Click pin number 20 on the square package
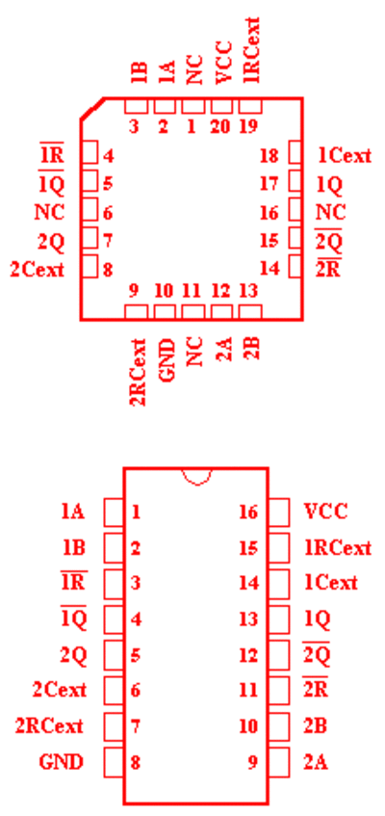coord(220,126)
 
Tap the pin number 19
coord(248,126)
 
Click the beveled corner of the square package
coord(92,109)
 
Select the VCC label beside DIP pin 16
coord(325,512)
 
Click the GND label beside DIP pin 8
coord(61,762)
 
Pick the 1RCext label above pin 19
coord(251,50)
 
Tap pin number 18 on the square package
coord(269,155)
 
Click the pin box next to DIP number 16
coord(279,513)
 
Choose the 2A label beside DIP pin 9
coord(316,762)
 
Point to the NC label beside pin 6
coord(49,212)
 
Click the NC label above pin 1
coord(194,73)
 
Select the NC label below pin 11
coord(194,352)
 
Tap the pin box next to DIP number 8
coord(114,762)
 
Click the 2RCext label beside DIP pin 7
coord(48,725)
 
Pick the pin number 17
coord(269,184)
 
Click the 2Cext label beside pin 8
coord(37,270)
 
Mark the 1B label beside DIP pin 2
coord(73,548)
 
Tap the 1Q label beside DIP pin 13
coord(317,619)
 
